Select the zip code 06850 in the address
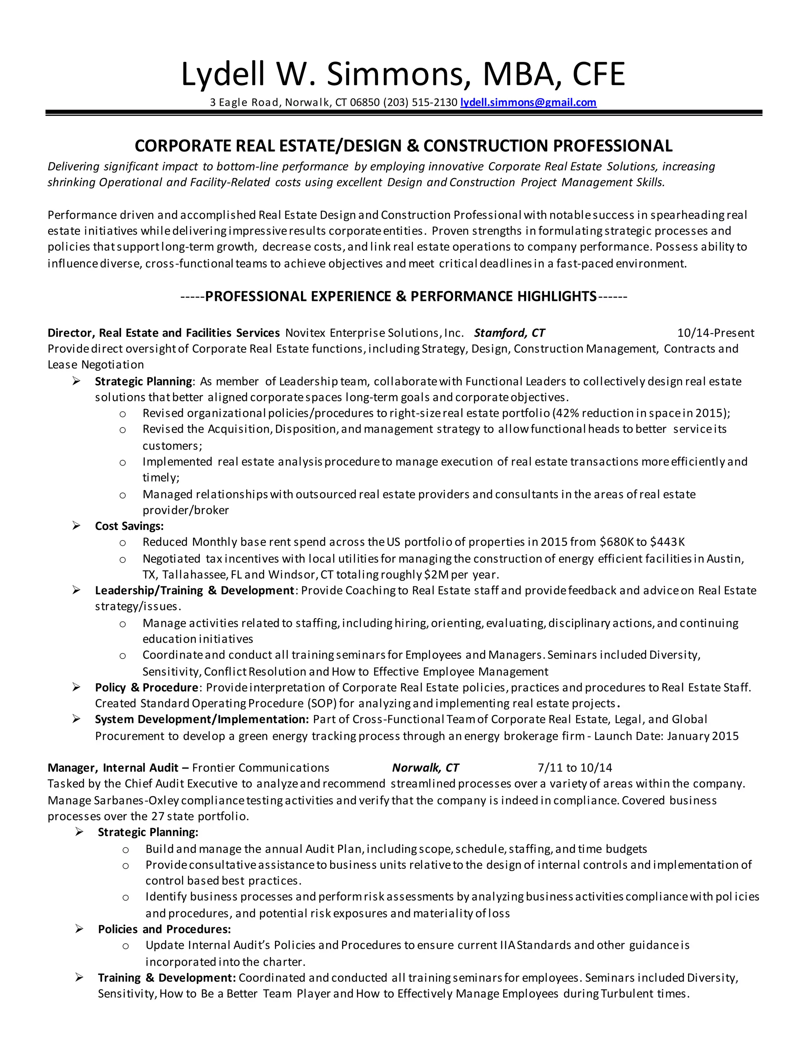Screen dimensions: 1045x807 point(365,103)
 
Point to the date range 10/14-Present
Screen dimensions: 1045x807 point(715,333)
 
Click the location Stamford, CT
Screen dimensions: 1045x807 point(509,333)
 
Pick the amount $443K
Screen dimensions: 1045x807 point(668,542)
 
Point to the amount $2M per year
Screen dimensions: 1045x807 point(461,574)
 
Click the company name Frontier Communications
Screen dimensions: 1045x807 point(260,767)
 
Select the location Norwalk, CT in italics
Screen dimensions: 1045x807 point(425,767)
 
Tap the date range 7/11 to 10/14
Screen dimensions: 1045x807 point(575,767)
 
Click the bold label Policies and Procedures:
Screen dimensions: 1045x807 point(164,929)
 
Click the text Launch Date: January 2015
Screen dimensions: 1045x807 point(666,736)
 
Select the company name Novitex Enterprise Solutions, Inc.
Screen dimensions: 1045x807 point(374,333)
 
